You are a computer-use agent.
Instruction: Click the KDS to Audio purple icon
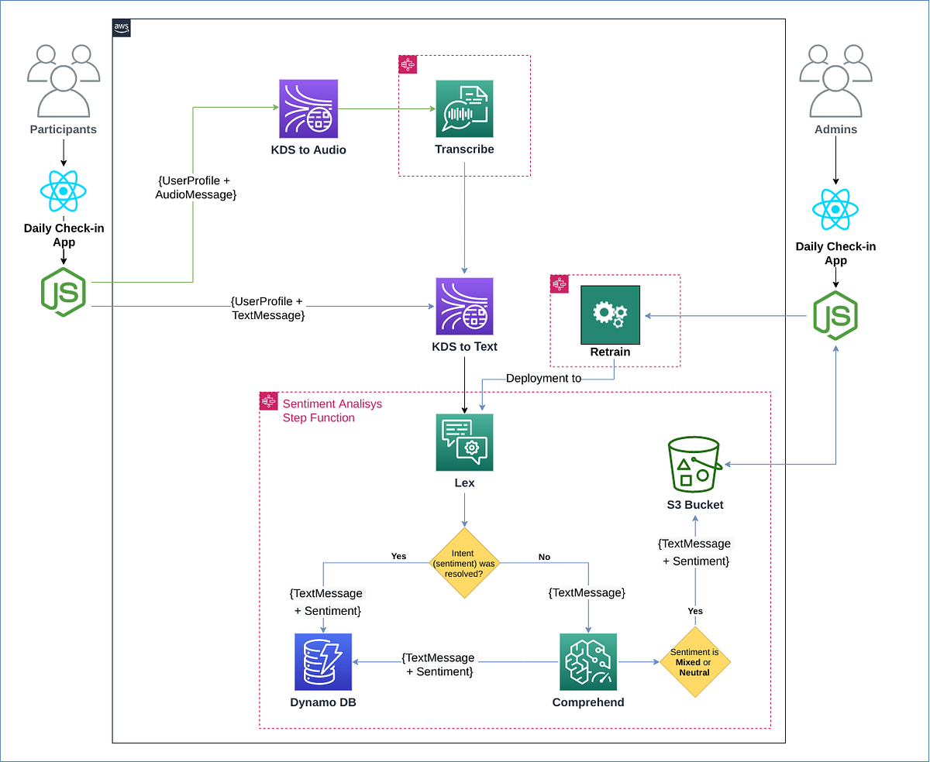point(308,109)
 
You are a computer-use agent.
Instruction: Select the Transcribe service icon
point(464,109)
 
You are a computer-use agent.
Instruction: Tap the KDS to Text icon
point(464,307)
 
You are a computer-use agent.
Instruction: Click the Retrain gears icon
point(611,314)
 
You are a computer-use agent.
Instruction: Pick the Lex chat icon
point(464,442)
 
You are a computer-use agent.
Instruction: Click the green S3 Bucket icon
point(694,464)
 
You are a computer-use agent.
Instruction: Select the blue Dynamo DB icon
point(323,661)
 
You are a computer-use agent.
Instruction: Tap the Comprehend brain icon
point(588,661)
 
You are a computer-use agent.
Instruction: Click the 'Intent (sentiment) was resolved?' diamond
point(464,564)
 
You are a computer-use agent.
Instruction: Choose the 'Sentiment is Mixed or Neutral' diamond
point(695,662)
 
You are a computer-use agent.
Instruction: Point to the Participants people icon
point(64,81)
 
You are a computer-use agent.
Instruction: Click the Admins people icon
point(835,81)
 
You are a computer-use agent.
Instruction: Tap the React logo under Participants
point(64,191)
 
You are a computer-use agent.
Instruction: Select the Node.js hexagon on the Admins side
point(835,317)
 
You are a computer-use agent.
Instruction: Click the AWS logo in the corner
point(122,28)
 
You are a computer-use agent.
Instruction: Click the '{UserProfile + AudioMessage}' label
point(195,187)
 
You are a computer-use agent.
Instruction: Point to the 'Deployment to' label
point(543,379)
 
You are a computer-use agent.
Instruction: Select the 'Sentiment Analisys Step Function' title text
point(332,411)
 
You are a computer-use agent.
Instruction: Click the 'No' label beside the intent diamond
point(544,557)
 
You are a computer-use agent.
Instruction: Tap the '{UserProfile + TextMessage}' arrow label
point(268,307)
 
